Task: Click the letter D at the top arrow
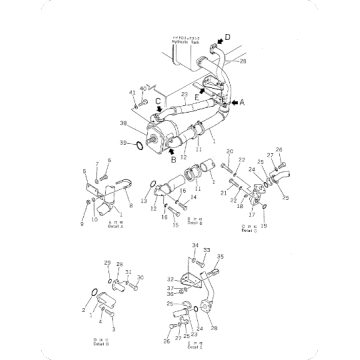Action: pos(227,37)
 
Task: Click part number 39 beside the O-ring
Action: pos(124,145)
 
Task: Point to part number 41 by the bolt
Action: pos(132,93)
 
